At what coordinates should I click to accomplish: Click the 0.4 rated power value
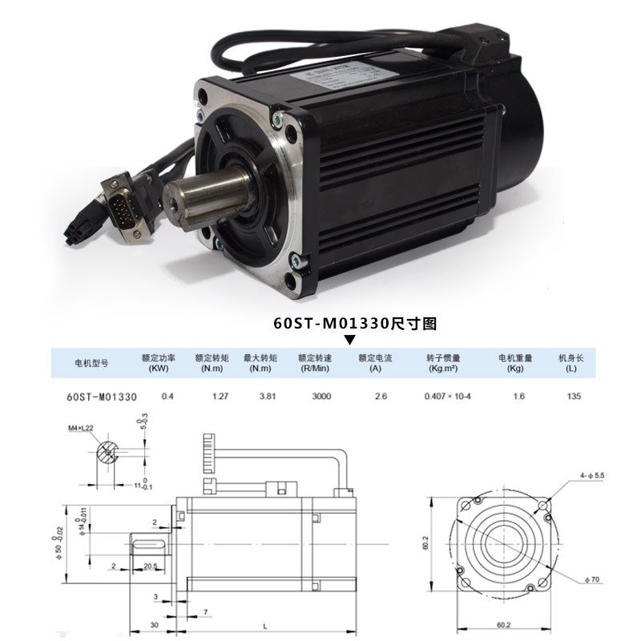tap(167, 396)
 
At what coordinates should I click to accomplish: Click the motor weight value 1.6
tap(515, 396)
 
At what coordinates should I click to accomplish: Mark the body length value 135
tap(571, 396)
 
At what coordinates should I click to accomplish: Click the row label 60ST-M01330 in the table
tap(101, 396)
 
